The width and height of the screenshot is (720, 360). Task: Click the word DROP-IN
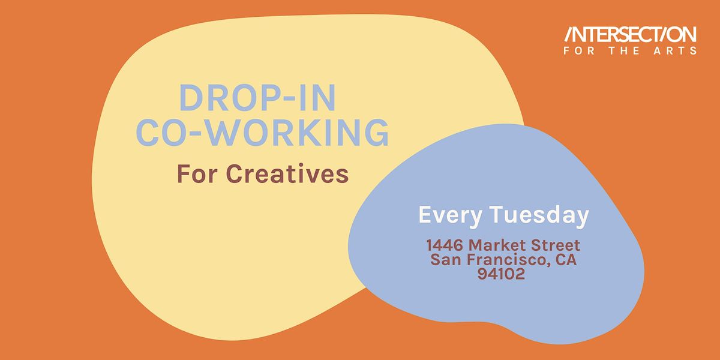click(x=258, y=98)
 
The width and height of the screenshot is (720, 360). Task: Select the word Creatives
click(x=288, y=174)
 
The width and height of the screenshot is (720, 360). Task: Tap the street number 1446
click(x=445, y=245)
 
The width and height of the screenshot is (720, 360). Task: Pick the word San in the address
click(x=448, y=260)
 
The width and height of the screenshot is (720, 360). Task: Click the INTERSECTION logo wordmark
click(x=629, y=35)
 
